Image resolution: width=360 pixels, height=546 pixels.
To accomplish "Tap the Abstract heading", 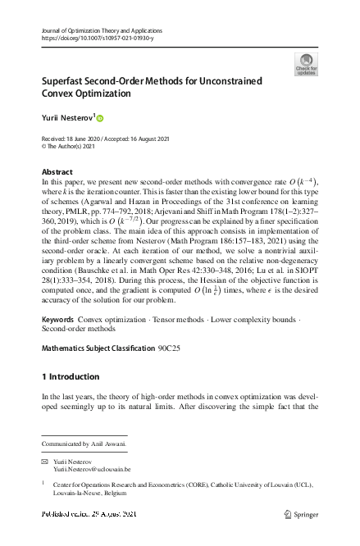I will pyautogui.click(x=57, y=171).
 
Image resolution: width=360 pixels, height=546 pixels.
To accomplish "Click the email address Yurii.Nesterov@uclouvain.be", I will pyautogui.click(x=93, y=471).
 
